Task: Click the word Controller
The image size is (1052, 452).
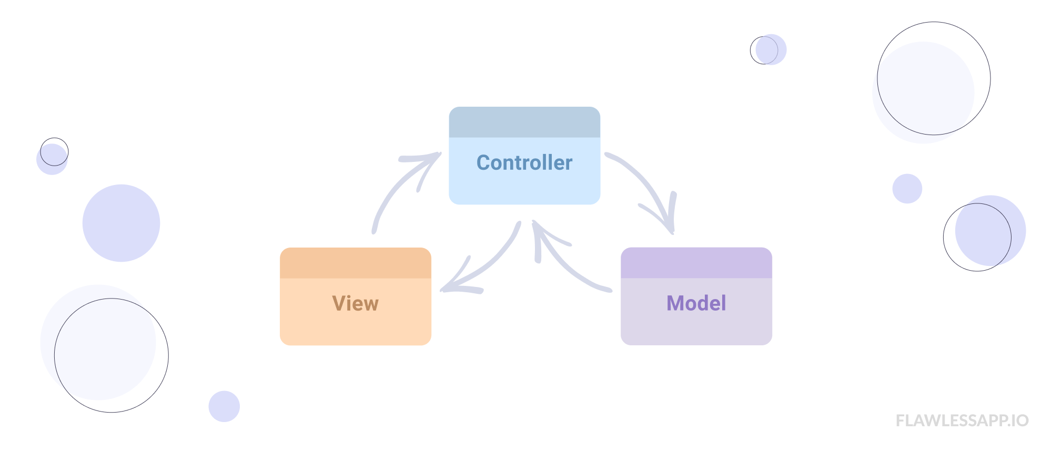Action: (x=524, y=163)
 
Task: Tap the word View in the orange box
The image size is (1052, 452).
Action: (x=355, y=304)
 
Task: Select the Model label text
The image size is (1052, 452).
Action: (x=696, y=303)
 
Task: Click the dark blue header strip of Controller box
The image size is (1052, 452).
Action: (x=524, y=122)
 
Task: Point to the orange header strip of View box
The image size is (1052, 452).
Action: (x=355, y=263)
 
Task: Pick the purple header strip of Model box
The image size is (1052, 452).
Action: (x=696, y=263)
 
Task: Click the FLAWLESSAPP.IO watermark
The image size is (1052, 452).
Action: (x=962, y=420)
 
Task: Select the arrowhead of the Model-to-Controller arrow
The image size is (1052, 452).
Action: (x=539, y=234)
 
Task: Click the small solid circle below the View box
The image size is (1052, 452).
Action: (x=224, y=406)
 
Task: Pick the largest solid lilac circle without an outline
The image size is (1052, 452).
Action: (x=121, y=223)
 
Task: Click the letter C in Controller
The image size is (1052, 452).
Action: (x=483, y=163)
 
